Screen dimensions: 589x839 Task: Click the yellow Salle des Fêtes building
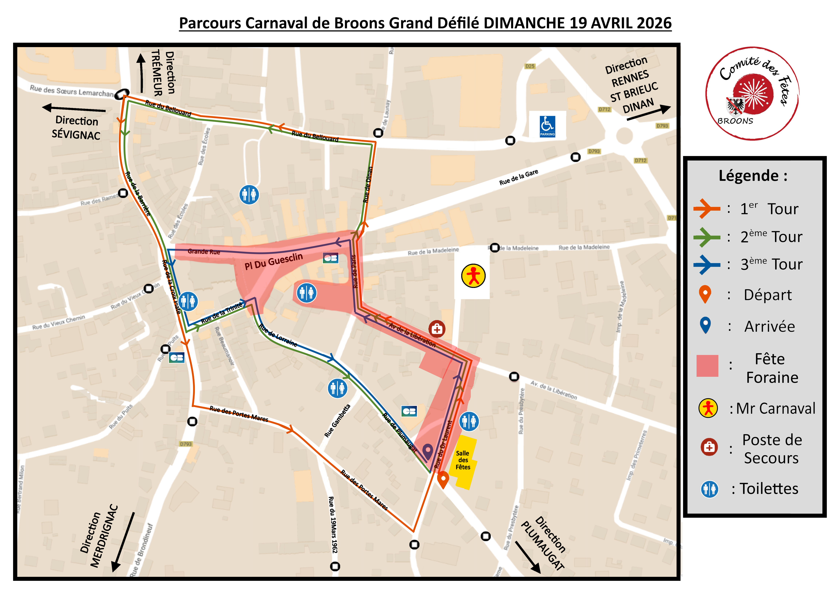[463, 461]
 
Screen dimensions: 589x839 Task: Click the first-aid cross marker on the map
[437, 329]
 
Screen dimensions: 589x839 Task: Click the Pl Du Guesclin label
[274, 261]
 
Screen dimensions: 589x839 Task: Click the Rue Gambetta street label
[337, 421]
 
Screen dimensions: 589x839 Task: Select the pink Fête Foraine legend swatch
[707, 366]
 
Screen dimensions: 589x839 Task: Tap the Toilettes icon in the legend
[709, 489]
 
